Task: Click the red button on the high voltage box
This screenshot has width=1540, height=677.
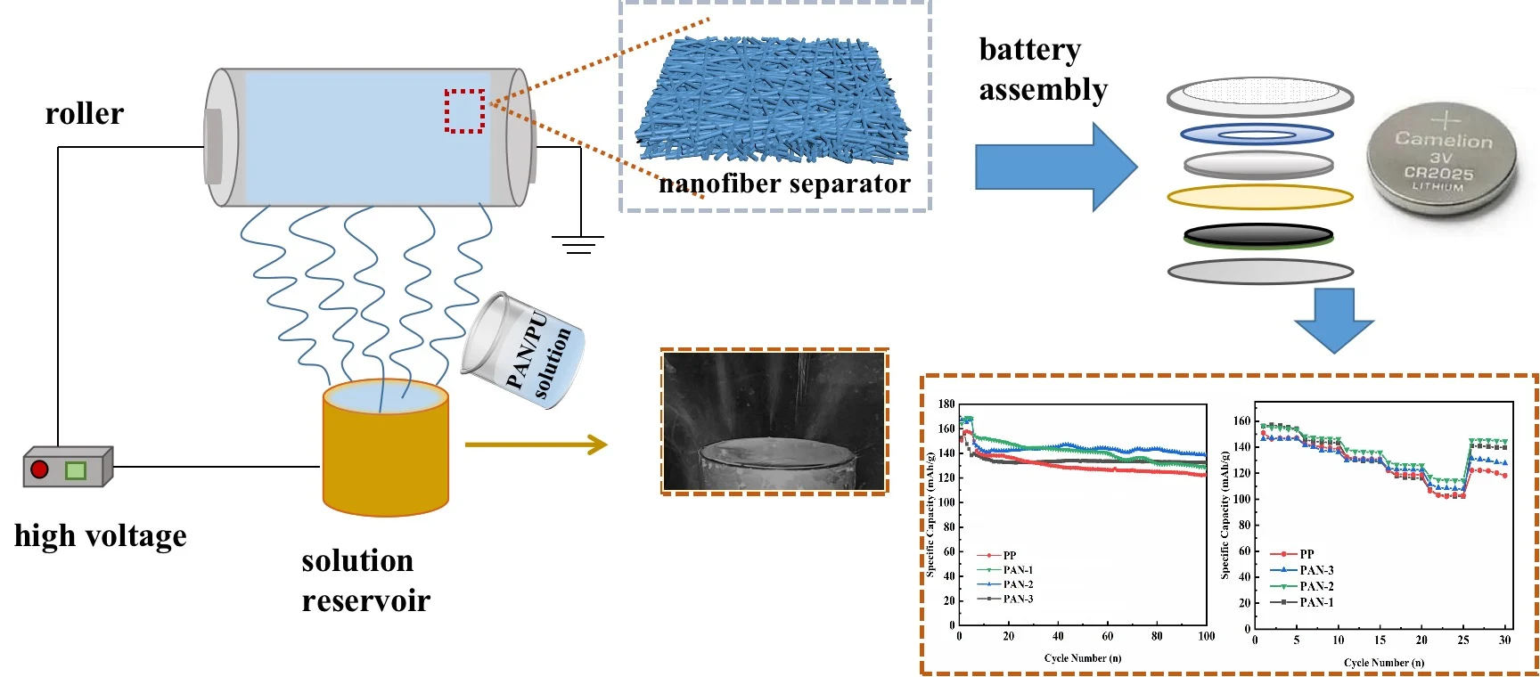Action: click(39, 469)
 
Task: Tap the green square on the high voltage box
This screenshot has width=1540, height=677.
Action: click(76, 469)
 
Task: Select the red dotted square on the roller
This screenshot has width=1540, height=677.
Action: click(464, 111)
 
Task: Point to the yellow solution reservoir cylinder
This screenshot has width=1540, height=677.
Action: click(385, 454)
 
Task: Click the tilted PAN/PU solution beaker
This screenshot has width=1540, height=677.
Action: click(524, 351)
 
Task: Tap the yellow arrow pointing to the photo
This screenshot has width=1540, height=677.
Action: click(536, 445)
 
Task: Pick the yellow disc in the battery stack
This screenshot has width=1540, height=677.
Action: click(1259, 197)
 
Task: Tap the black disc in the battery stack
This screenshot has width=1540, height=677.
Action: click(1258, 235)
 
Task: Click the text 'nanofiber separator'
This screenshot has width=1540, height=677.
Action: click(784, 184)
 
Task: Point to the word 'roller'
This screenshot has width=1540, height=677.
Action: click(85, 114)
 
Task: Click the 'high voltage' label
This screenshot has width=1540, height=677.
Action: click(101, 536)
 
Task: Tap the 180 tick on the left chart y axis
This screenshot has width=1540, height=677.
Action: click(946, 404)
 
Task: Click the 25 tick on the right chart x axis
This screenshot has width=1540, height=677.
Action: click(1463, 640)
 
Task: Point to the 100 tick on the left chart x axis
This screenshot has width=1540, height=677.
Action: click(1206, 636)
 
